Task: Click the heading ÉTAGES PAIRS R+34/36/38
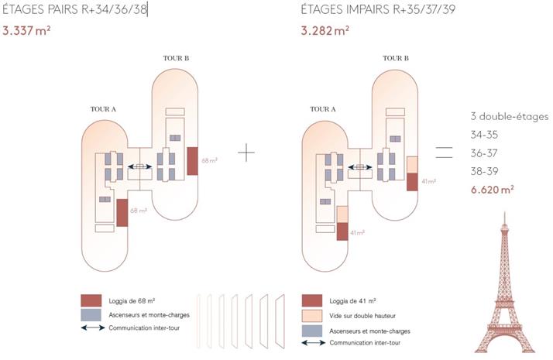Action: point(74,10)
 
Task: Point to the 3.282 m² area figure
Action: point(325,32)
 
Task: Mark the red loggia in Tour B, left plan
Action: point(193,160)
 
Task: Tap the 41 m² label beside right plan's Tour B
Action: point(428,181)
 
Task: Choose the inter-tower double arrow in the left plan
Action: point(140,166)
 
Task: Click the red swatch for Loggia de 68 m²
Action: point(91,300)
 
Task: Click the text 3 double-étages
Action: point(510,116)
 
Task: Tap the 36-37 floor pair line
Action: point(486,153)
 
